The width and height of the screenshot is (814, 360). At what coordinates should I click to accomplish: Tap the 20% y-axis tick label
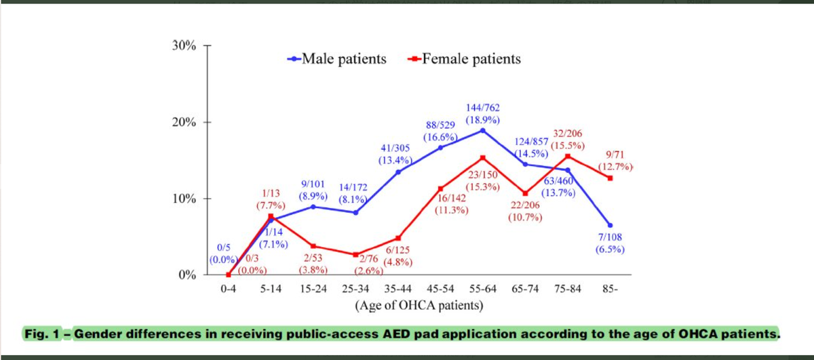coord(183,123)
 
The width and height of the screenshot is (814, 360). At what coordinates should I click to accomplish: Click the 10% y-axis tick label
coord(183,199)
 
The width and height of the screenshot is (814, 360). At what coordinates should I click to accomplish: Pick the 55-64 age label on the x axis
coord(482,289)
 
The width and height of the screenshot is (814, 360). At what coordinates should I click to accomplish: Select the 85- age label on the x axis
coord(610,289)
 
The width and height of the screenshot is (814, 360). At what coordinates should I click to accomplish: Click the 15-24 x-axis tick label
coord(313,289)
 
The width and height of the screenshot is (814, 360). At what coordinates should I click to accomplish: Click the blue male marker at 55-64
coord(482,130)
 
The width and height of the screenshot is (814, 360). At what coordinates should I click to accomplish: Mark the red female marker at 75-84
coord(568,156)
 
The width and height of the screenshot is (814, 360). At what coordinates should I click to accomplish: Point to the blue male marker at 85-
coord(610,225)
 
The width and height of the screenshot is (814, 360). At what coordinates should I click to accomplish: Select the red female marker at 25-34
coord(355,255)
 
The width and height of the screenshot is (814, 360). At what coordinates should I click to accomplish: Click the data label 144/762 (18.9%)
coord(484,113)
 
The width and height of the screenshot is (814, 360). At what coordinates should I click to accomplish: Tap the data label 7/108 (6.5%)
coord(610,243)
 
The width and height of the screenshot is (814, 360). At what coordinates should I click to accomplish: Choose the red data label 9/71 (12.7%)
coord(614,161)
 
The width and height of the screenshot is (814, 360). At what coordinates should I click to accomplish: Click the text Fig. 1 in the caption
coord(42,334)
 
